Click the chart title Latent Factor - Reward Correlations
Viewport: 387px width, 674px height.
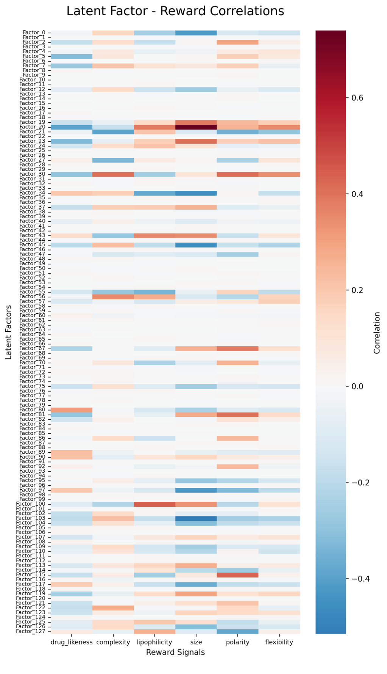pos(175,11)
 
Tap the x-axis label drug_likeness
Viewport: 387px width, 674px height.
pos(72,642)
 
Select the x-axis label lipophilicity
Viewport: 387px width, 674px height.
pos(154,642)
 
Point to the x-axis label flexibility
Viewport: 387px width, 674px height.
pos(279,642)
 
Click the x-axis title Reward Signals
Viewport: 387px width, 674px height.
pos(175,652)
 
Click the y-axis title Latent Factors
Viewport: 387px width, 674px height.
pos(8,332)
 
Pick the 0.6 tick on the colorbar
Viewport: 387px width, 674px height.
pos(357,98)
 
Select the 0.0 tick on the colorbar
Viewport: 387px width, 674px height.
pos(357,386)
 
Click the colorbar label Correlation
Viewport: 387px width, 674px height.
pos(377,333)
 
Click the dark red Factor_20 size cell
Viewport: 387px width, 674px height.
pos(196,127)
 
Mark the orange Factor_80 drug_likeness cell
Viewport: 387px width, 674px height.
pos(72,410)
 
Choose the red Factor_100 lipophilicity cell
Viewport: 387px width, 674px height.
pos(154,504)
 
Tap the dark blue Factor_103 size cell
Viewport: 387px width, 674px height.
pos(196,518)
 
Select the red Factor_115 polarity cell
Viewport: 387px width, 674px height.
pos(238,575)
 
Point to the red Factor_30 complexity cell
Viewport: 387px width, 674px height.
pos(113,174)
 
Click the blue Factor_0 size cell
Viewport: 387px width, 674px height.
pos(196,33)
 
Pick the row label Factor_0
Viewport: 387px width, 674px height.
pos(34,33)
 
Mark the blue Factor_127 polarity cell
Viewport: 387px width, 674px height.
pos(238,631)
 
